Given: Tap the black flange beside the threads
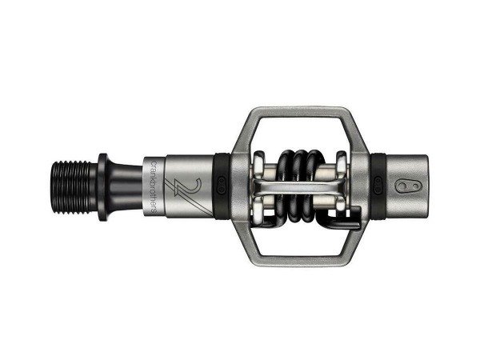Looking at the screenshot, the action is pos(102,187).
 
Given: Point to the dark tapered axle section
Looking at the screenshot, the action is pos(125,187).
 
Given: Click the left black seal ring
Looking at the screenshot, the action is pos(222,186).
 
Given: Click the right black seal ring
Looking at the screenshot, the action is pos(378,186).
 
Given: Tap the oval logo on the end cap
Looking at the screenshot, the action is pos(408,186).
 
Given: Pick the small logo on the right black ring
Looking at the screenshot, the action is pos(378,185).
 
